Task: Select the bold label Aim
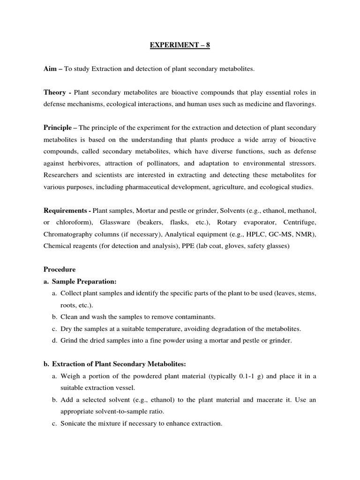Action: point(50,69)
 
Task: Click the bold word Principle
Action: point(57,127)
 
